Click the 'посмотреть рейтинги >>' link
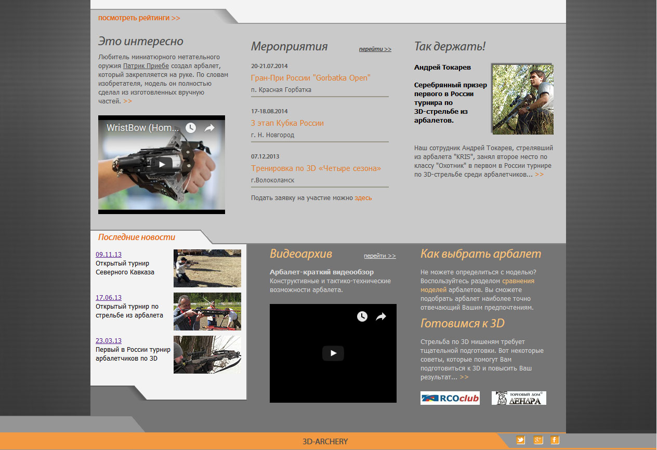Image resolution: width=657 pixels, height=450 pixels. point(139,18)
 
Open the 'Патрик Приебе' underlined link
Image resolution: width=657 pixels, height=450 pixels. point(146,66)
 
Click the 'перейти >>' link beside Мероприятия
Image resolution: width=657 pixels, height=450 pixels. point(375,49)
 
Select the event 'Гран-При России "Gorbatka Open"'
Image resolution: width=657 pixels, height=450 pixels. point(310,78)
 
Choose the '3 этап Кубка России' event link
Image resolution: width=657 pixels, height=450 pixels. point(287,123)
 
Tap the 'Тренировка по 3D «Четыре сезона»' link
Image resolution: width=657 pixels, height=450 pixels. point(316,168)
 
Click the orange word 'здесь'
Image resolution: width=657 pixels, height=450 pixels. point(363,198)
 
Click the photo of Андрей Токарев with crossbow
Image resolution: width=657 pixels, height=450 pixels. point(523,99)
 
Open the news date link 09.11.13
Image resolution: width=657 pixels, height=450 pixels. point(109,255)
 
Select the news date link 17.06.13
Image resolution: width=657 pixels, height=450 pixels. point(109,298)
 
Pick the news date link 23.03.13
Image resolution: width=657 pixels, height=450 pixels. point(109,341)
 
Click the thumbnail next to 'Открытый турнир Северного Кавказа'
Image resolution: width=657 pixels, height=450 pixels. point(207,268)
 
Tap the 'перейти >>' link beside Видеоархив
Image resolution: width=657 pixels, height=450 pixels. point(380,256)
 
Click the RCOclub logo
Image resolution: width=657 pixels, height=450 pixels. point(450,398)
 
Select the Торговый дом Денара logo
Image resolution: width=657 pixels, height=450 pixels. point(519,398)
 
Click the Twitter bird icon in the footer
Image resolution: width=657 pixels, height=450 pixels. point(521,440)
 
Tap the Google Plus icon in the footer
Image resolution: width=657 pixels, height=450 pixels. point(538,440)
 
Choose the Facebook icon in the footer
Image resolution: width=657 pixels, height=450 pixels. point(555,440)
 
